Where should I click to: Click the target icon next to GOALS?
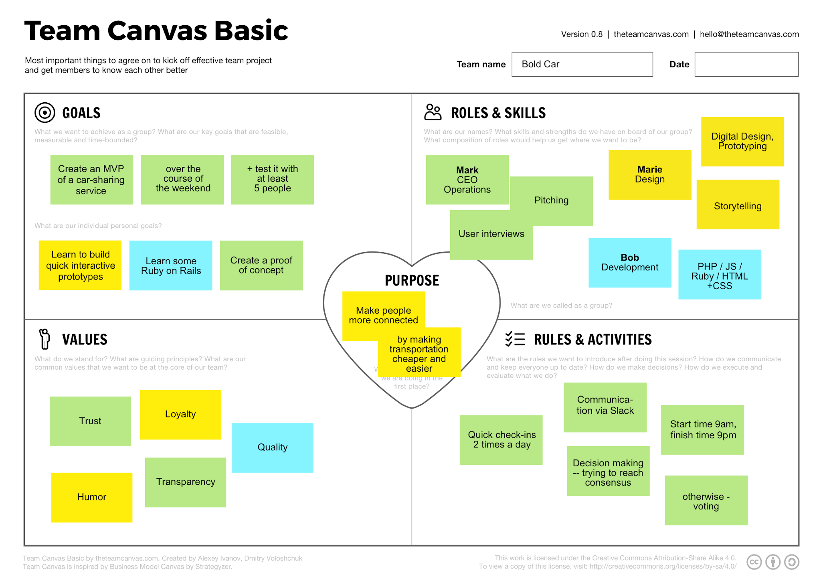click(44, 113)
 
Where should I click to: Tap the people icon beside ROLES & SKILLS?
click(433, 112)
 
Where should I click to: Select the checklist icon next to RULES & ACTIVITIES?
click(515, 339)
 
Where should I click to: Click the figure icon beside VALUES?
click(44, 339)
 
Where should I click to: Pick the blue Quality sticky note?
click(273, 447)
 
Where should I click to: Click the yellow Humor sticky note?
click(92, 497)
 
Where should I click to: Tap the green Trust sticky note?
click(90, 421)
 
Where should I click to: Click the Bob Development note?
click(630, 263)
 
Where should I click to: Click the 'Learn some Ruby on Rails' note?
click(171, 265)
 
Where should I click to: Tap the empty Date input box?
click(746, 64)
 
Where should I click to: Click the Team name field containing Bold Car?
click(582, 64)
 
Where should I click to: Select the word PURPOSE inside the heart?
click(412, 280)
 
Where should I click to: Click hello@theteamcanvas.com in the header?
click(749, 34)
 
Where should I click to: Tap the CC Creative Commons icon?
click(754, 562)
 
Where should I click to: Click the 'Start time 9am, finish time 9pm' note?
click(702, 429)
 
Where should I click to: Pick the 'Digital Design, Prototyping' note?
click(742, 141)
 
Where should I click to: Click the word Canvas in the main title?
click(156, 31)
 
